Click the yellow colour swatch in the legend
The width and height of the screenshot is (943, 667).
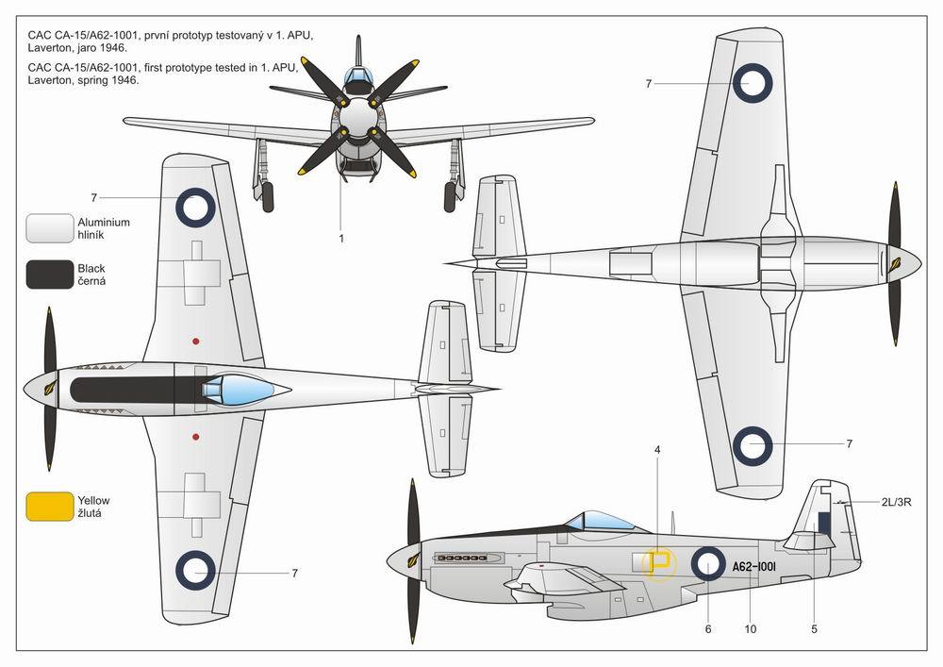[x=49, y=507]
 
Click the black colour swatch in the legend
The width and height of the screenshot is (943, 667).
[x=49, y=275]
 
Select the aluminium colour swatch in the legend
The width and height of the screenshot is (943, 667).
[x=49, y=228]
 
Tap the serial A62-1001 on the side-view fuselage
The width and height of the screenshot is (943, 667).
[x=754, y=567]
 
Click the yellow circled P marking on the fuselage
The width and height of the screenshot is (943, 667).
[x=660, y=563]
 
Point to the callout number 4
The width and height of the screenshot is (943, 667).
[x=657, y=450]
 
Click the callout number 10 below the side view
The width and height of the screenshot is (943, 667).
[x=750, y=629]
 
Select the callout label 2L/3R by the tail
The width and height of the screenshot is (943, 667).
[x=896, y=502]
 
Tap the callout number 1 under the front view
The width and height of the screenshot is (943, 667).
[x=341, y=239]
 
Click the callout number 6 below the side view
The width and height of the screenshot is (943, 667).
[x=708, y=629]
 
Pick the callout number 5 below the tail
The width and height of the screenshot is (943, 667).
[x=815, y=629]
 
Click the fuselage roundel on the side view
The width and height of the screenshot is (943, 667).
[x=708, y=563]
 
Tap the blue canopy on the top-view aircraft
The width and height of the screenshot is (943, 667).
[x=239, y=389]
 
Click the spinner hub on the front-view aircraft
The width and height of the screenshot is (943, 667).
[x=356, y=116]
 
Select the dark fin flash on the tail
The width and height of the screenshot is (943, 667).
[x=824, y=524]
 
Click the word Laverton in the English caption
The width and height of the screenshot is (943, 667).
[x=50, y=80]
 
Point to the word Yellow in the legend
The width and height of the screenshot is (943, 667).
[x=93, y=500]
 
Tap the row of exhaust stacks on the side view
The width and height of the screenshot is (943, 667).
[x=461, y=559]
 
